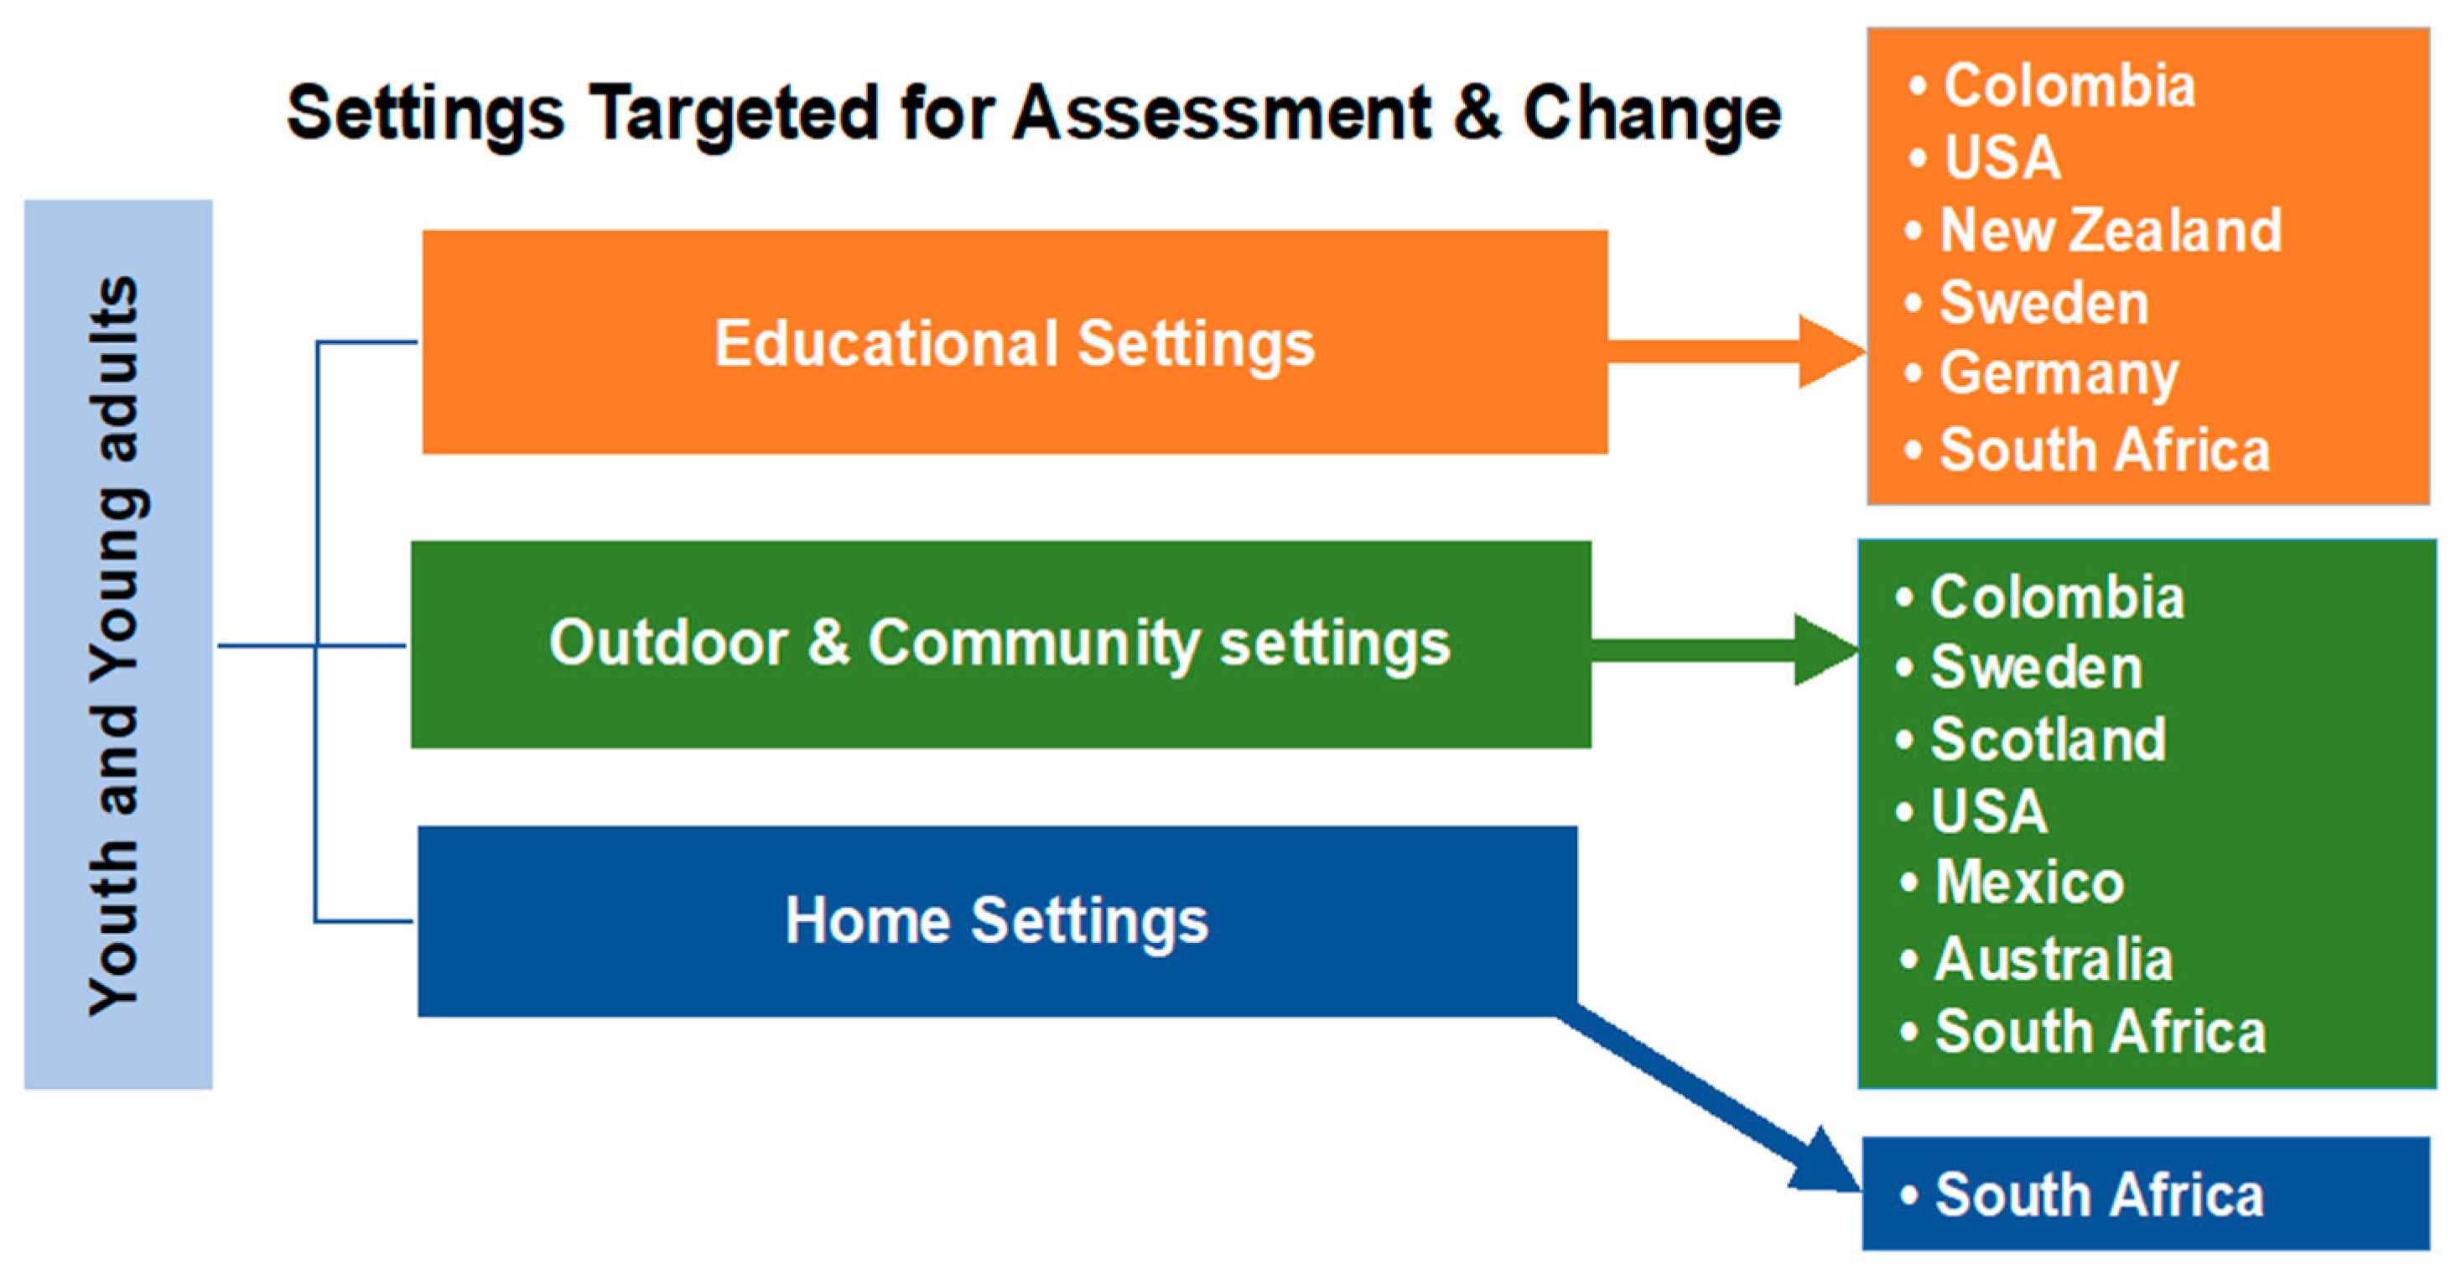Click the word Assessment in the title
click(x=1222, y=112)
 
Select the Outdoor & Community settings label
click(x=1000, y=643)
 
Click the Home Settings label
click(x=996, y=920)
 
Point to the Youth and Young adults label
click(x=117, y=646)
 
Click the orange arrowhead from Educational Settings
click(x=1831, y=352)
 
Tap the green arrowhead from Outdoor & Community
click(x=1825, y=650)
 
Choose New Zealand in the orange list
click(x=2111, y=231)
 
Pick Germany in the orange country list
click(x=2059, y=375)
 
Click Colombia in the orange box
click(x=2069, y=86)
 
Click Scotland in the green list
click(x=2048, y=739)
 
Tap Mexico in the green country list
click(x=2030, y=883)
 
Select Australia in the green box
click(x=2054, y=958)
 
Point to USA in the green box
click(x=1989, y=811)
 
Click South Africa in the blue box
click(x=2100, y=1195)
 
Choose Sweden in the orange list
click(x=2044, y=303)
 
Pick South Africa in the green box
click(x=2100, y=1032)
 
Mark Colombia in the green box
click(x=2058, y=598)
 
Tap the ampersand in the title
click(x=1477, y=112)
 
